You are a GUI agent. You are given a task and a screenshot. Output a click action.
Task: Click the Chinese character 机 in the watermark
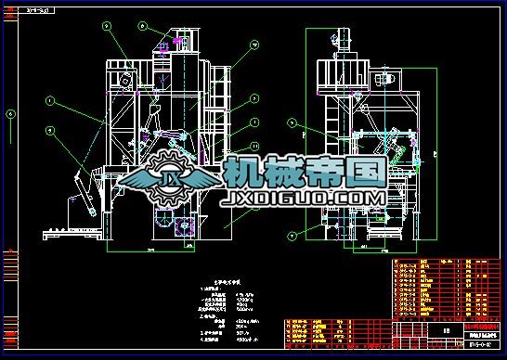[x=243, y=172]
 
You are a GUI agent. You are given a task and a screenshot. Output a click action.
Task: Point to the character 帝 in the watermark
[x=324, y=172]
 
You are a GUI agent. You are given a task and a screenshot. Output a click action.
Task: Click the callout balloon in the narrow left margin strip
[x=10, y=115]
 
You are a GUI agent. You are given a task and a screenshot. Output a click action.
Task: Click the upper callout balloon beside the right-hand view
[x=291, y=122]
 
